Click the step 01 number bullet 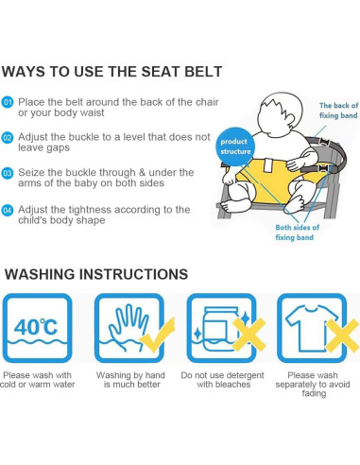[x=8, y=102]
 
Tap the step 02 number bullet [x=8, y=138]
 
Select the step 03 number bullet [x=8, y=173]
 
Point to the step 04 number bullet [x=8, y=210]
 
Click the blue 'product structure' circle [x=235, y=146]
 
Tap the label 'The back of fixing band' [x=338, y=111]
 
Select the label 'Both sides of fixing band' [x=297, y=232]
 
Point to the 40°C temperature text [x=36, y=327]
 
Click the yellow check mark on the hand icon [x=158, y=336]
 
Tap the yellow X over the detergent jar [x=249, y=335]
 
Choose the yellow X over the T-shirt [x=343, y=336]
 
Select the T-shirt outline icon [x=310, y=328]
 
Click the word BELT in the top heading [x=203, y=72]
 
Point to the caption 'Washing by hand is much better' [x=130, y=380]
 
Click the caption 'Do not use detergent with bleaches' [x=222, y=380]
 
